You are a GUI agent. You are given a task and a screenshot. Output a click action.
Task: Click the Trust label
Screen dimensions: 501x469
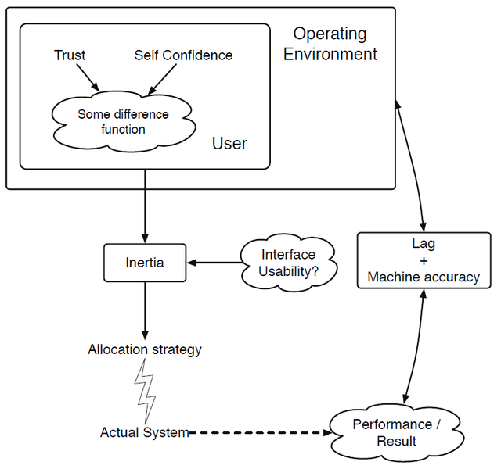(x=70, y=55)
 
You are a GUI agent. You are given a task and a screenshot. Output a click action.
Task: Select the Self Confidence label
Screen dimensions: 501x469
(x=183, y=55)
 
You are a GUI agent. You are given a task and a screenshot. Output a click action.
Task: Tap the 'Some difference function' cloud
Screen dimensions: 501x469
(x=124, y=122)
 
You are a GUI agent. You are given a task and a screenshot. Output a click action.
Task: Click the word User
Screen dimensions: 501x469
(x=229, y=143)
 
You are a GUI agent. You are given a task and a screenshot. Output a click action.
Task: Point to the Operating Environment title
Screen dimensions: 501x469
(x=330, y=44)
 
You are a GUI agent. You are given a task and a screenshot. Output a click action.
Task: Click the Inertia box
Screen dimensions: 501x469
(x=145, y=263)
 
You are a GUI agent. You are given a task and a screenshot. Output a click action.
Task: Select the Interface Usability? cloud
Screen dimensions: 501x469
(x=289, y=263)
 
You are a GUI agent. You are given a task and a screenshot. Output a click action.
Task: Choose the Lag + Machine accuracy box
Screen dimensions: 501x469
(x=424, y=260)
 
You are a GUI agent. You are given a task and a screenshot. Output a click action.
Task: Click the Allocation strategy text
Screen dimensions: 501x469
(x=145, y=349)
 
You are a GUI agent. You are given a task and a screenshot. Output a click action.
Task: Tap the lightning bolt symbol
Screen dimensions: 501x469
(x=146, y=391)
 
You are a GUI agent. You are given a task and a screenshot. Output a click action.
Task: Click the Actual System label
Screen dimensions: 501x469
(x=145, y=432)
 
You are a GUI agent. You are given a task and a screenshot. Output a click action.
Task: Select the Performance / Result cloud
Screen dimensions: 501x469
(x=396, y=432)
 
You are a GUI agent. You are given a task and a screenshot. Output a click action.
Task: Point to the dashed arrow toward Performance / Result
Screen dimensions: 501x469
(x=261, y=433)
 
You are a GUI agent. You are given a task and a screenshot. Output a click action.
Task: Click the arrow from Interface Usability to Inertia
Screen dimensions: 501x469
(x=214, y=263)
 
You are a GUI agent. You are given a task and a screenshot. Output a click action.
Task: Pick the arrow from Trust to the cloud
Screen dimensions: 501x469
(x=88, y=77)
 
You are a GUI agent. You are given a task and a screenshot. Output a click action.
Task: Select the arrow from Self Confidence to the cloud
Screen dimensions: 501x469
(x=162, y=80)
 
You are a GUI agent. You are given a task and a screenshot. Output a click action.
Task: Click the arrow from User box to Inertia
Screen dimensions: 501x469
(x=145, y=206)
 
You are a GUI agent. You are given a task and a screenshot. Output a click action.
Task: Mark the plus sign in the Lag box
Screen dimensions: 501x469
(x=424, y=261)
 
